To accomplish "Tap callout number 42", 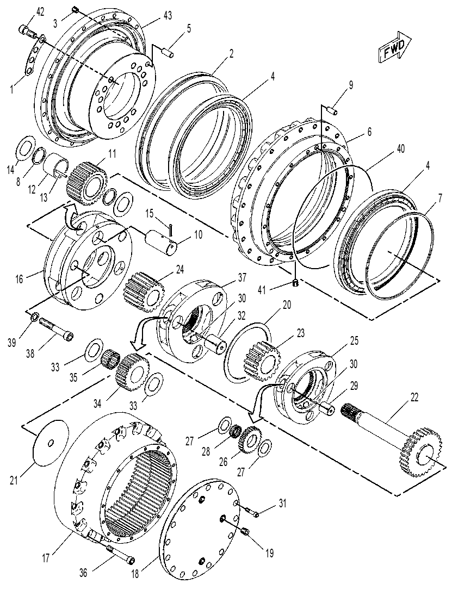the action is [40, 11].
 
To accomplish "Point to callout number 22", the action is [414, 398].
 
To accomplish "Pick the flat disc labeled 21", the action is [51, 443].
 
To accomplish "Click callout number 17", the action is [46, 557].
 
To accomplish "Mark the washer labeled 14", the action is [25, 150].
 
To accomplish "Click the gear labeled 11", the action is [87, 182].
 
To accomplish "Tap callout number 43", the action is [168, 15].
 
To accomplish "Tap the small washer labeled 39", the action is [34, 317].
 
